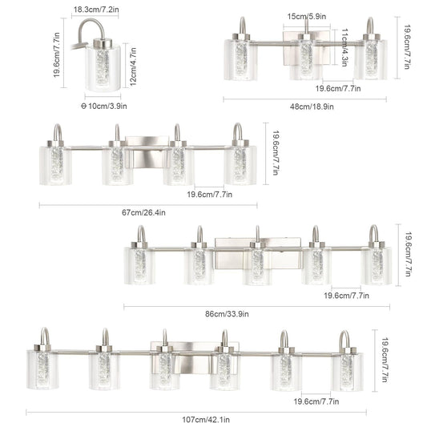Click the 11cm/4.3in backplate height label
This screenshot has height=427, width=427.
(344, 46)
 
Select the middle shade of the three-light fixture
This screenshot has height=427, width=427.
(305, 61)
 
